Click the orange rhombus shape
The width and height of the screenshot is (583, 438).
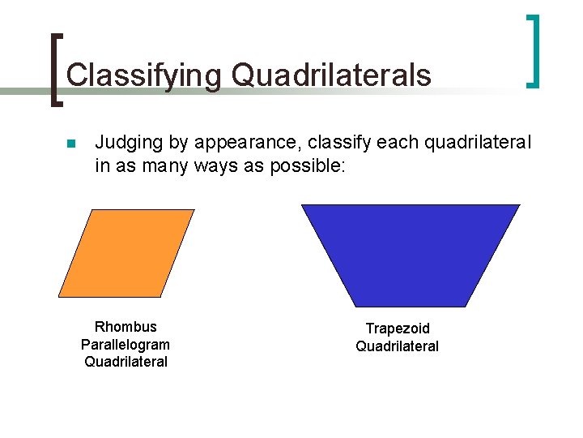coord(126,253)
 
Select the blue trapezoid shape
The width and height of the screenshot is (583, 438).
coord(411,253)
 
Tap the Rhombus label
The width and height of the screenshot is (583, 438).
coord(126,327)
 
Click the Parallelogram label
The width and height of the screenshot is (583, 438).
coord(126,345)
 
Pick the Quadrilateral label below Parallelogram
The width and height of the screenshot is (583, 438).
coord(126,362)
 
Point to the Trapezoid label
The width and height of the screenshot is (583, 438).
coord(398,328)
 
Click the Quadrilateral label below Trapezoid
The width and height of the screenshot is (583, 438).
coord(398,346)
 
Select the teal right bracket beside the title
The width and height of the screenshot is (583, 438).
coord(532,50)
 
